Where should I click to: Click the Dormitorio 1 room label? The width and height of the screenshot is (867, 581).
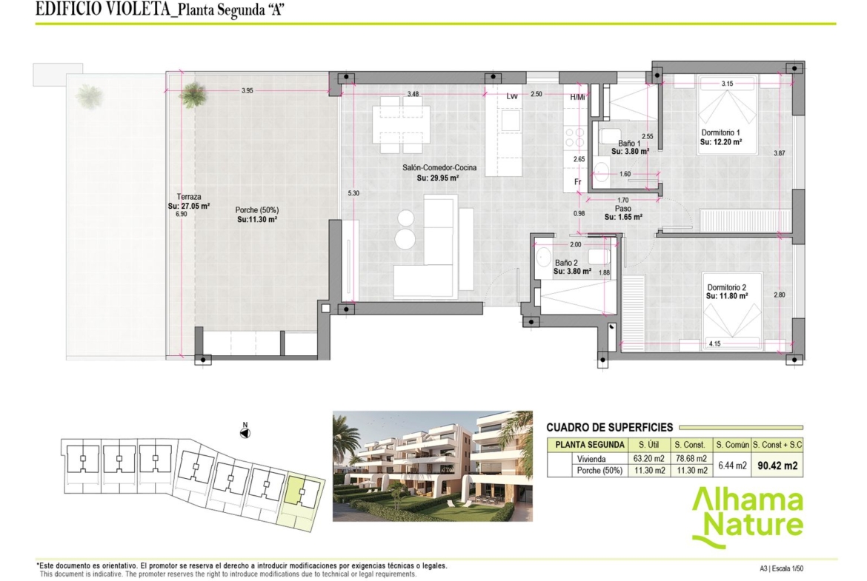point(720,132)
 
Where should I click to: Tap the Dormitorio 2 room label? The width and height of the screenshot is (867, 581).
point(726,287)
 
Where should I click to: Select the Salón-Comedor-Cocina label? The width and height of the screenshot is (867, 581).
point(439,167)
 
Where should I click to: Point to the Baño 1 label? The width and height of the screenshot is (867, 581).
point(629,144)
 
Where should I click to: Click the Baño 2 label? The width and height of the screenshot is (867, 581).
point(566,263)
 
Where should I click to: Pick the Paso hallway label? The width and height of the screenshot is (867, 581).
point(623,209)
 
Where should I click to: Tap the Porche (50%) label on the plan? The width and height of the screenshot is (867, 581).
point(257,210)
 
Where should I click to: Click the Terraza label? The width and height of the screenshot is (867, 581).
point(189,197)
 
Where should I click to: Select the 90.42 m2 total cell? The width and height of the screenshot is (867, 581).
point(777,466)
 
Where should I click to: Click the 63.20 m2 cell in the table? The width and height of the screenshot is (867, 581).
point(648,458)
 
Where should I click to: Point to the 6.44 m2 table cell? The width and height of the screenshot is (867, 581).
point(732,466)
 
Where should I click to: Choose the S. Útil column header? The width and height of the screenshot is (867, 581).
point(648,445)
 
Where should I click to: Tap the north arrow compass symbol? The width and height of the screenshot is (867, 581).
point(245,432)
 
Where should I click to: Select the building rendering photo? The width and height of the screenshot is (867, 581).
point(433,466)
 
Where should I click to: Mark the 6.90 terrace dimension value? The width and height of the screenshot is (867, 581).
point(182,215)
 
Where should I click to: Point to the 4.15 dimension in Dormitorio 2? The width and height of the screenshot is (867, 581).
point(715,343)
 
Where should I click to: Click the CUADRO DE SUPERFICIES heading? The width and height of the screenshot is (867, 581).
point(609,428)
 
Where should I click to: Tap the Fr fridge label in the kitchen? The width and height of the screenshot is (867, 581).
point(578,182)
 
